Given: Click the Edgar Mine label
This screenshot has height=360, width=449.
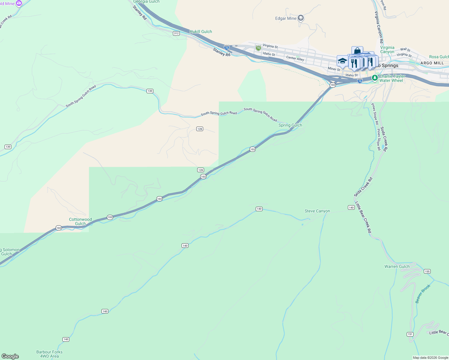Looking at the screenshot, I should click(286, 19).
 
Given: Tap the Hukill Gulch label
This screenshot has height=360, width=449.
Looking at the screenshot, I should click(201, 31).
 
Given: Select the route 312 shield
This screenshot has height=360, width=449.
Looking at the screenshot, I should click(176, 33).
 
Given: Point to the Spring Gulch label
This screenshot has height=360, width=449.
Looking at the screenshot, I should click(290, 125).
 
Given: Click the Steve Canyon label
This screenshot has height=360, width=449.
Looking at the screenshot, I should click(317, 211).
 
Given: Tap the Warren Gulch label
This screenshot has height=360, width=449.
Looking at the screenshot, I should click(397, 266).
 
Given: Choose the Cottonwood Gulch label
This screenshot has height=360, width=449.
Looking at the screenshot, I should click(80, 221).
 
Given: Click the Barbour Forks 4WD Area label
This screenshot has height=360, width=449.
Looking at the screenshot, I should click(50, 354).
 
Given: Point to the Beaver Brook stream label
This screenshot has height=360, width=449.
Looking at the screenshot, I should click(423, 294).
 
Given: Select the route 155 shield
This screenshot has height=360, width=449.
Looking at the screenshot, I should click(427, 271).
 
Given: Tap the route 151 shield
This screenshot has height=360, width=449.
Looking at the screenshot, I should click(410, 334).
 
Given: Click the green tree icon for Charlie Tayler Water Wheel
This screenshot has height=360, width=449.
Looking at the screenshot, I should click(375, 78).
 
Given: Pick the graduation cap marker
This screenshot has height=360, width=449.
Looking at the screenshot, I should click(342, 61).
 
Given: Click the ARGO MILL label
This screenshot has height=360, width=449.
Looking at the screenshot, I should click(432, 63).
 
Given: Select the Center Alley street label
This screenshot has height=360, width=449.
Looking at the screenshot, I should click(295, 58).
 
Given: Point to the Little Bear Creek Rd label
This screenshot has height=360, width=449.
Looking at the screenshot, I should click(363, 217).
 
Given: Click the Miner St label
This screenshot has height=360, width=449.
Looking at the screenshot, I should click(334, 69).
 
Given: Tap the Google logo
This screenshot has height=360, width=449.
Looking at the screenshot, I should click(10, 356).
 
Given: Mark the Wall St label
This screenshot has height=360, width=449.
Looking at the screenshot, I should click(405, 49).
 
